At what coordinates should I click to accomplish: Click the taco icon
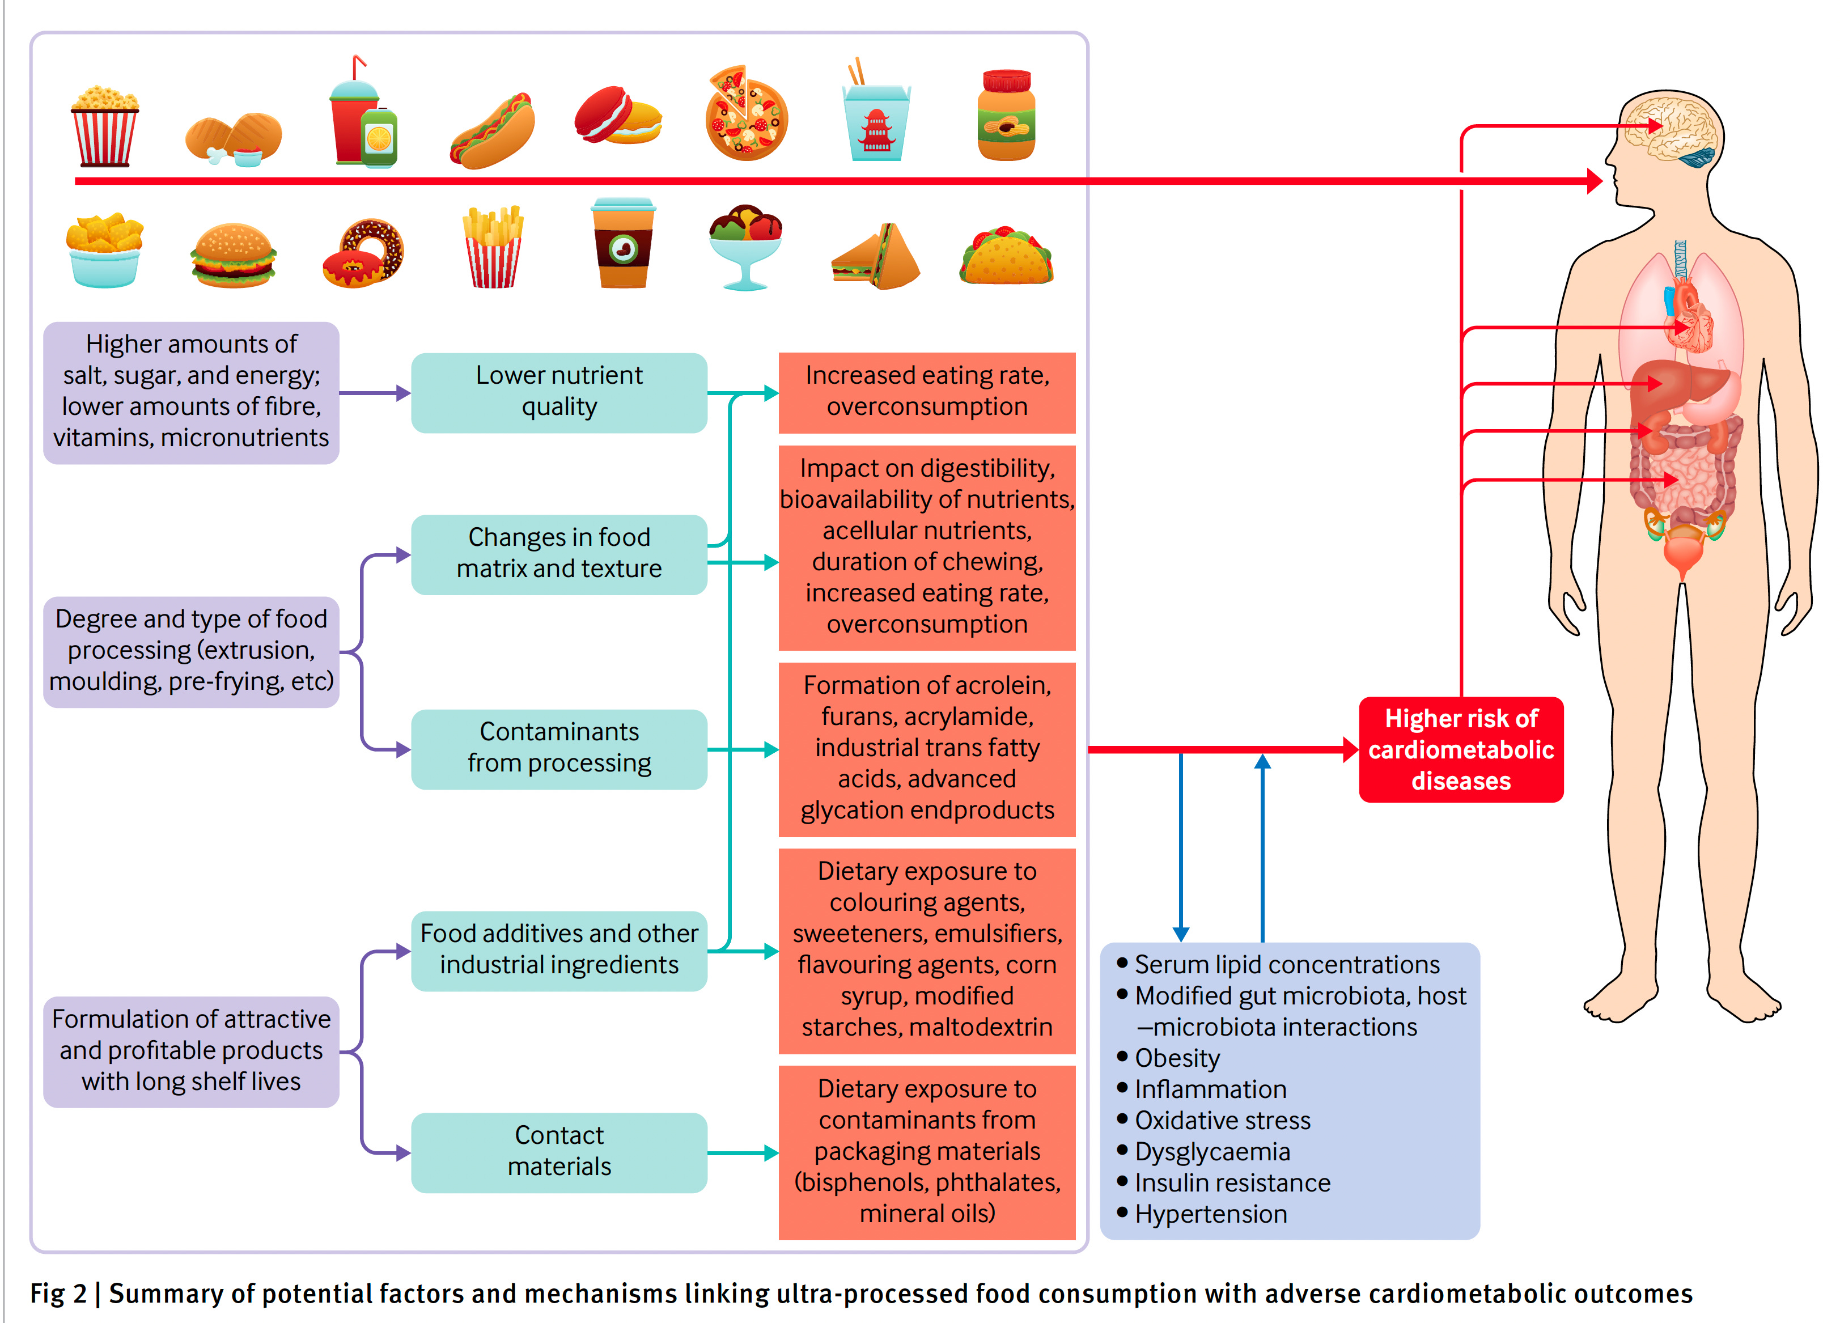pyautogui.click(x=1006, y=256)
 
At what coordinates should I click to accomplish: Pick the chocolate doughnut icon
pyautogui.click(x=363, y=253)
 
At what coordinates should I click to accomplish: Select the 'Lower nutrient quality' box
pyautogui.click(x=559, y=392)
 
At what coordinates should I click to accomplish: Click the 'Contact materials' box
pyautogui.click(x=559, y=1151)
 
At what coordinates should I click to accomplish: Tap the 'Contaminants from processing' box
pyautogui.click(x=559, y=748)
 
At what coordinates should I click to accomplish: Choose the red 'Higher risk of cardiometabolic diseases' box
pyautogui.click(x=1460, y=749)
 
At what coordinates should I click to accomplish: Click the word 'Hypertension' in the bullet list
pyautogui.click(x=1210, y=1214)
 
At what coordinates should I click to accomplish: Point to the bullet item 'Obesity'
pyautogui.click(x=1176, y=1058)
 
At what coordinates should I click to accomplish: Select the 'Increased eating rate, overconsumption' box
pyautogui.click(x=926, y=392)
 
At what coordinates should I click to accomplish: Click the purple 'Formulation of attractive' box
pyautogui.click(x=192, y=1051)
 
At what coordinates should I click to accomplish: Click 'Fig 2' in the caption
pyautogui.click(x=58, y=1294)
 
